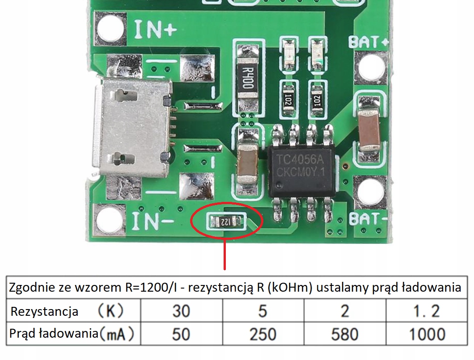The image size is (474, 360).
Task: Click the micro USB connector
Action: point(133,127)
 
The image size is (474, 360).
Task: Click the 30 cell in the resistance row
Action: point(181,310)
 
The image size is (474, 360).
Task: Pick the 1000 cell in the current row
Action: point(426,334)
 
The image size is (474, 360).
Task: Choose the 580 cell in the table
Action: point(345,334)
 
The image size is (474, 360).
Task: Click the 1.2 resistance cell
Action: point(426,310)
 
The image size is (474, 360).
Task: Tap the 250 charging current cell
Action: point(263,334)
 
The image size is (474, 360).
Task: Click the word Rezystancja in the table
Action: point(44,311)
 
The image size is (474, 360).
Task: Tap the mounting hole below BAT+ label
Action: point(371,68)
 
